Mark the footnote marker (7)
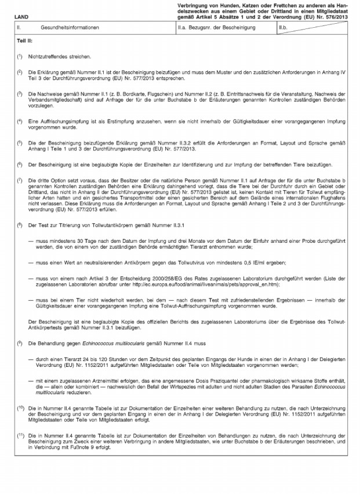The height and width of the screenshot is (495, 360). (x=20, y=180)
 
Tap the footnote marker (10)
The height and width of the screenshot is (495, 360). (x=20, y=407)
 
